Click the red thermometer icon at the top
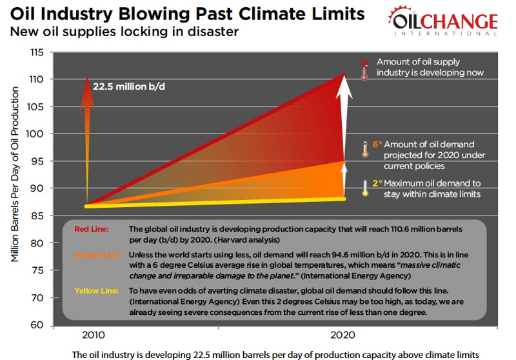[x=364, y=68]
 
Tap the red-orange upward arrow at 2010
[x=87, y=129]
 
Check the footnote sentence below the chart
[x=277, y=354]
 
